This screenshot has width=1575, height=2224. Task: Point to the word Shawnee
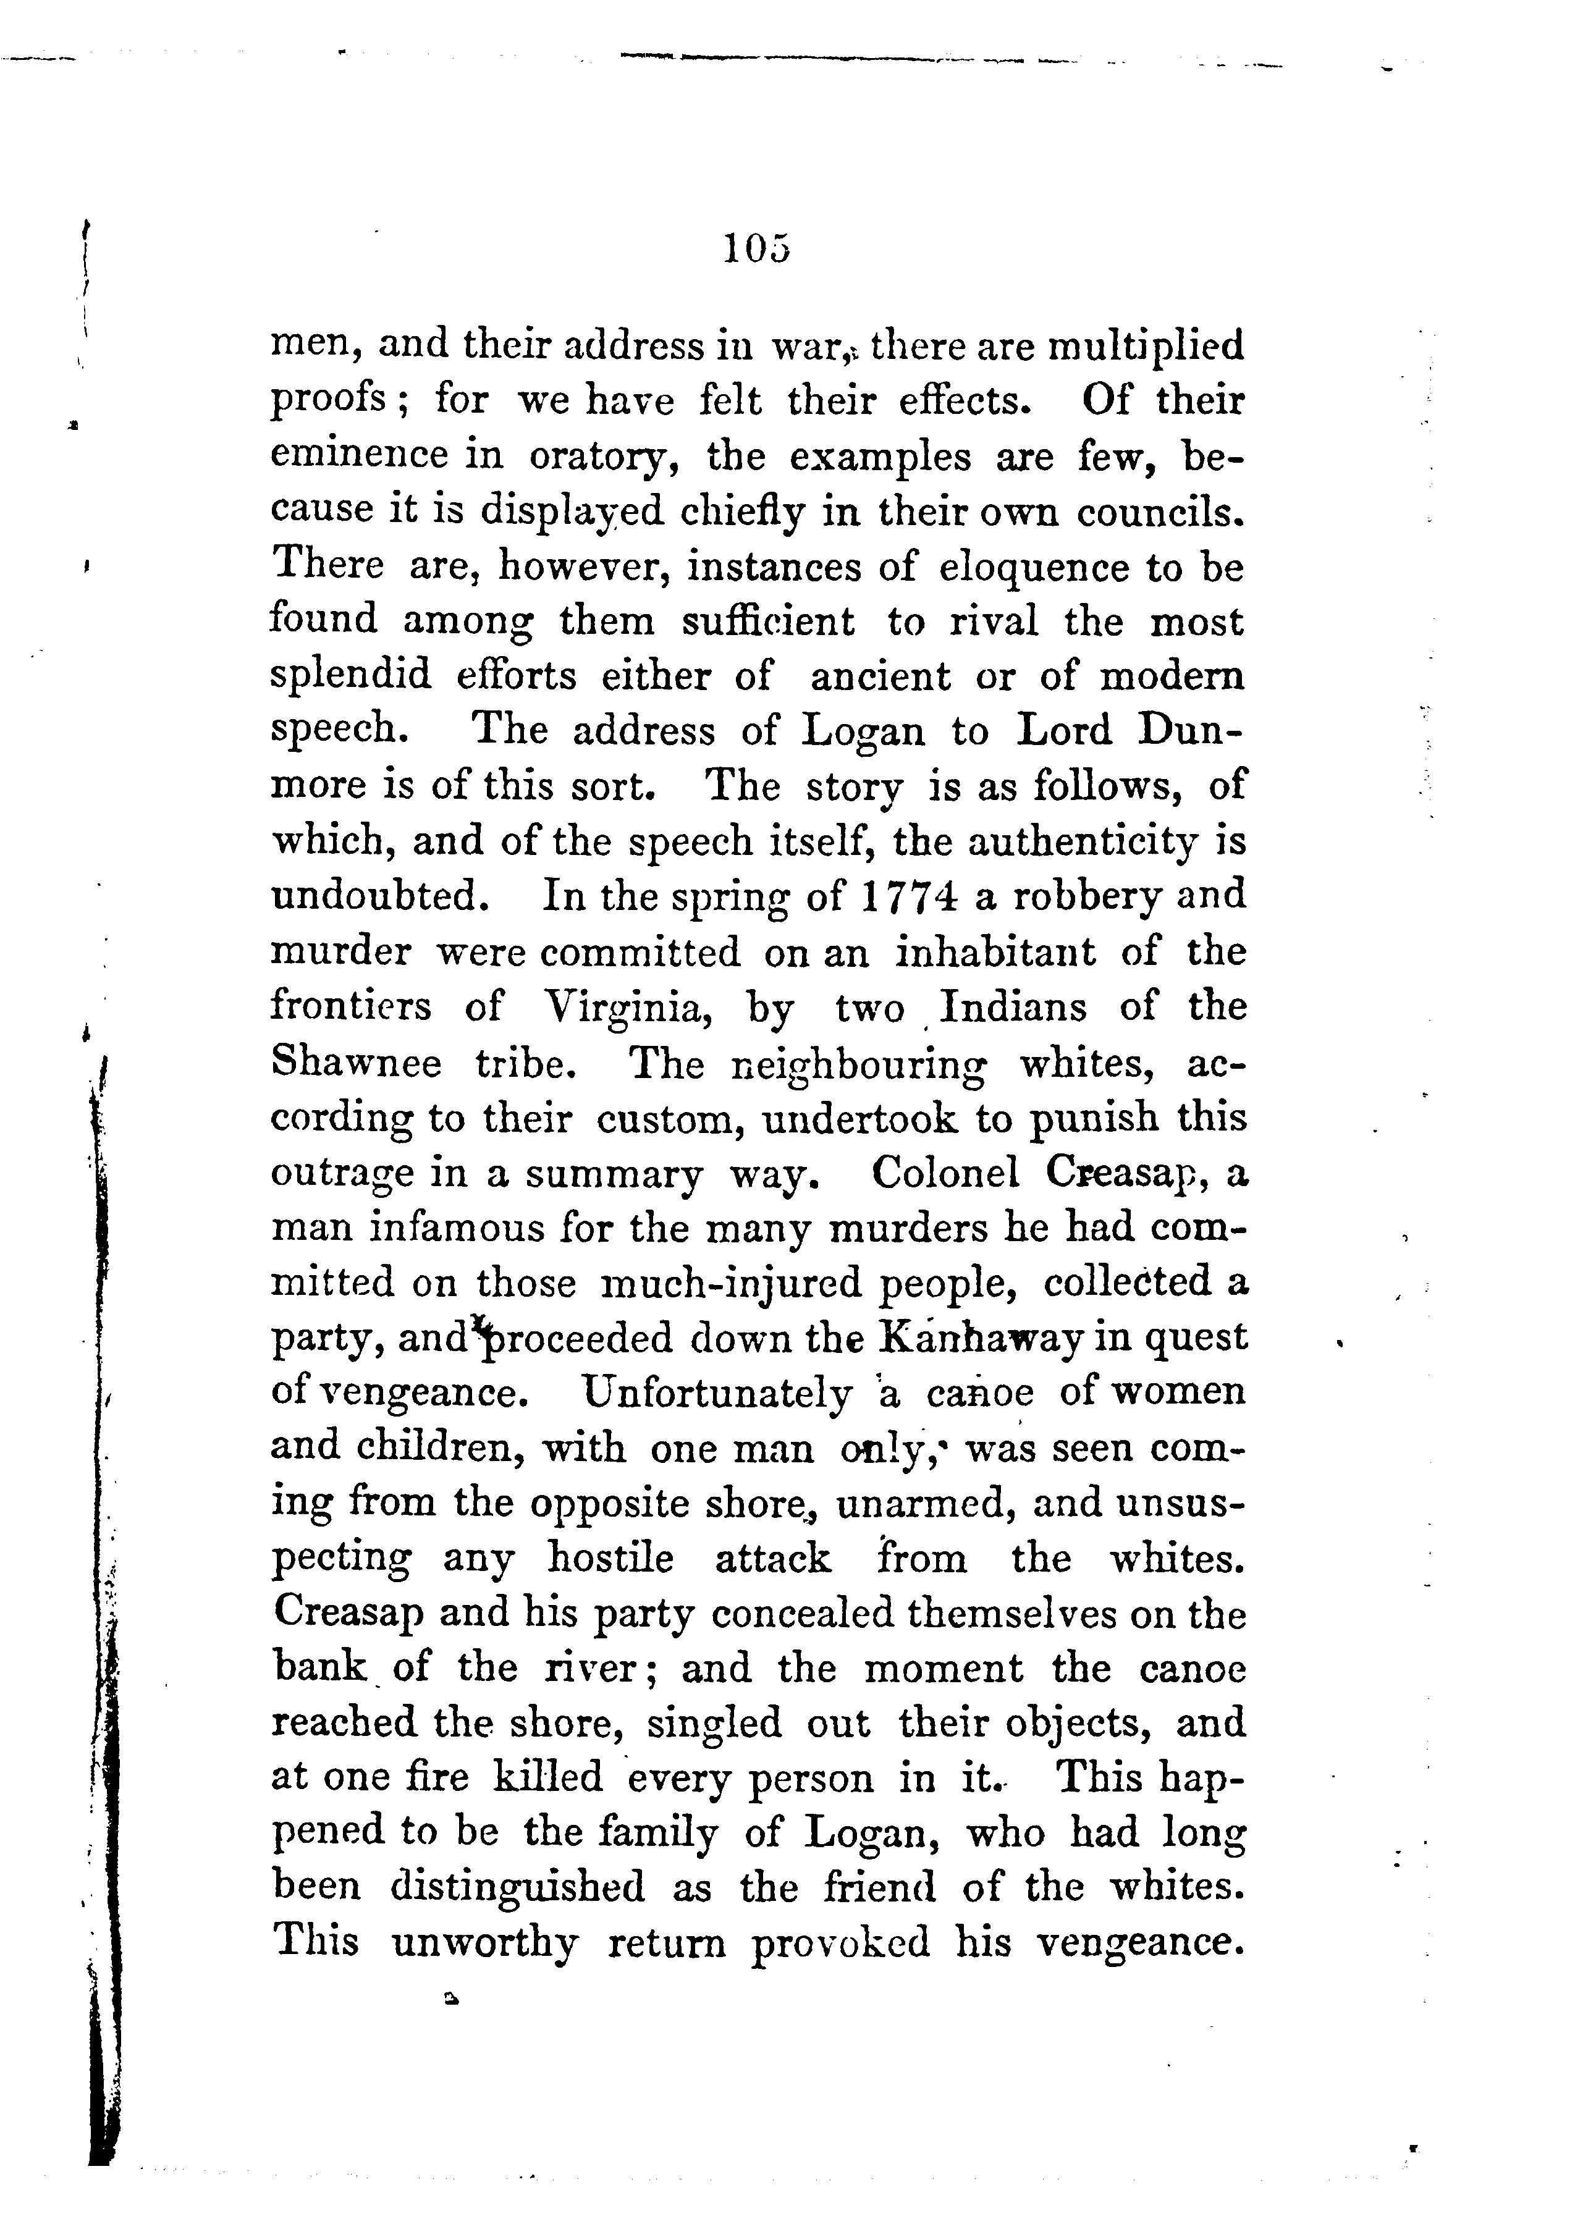(356, 1064)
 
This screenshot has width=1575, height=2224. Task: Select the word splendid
(350, 676)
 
